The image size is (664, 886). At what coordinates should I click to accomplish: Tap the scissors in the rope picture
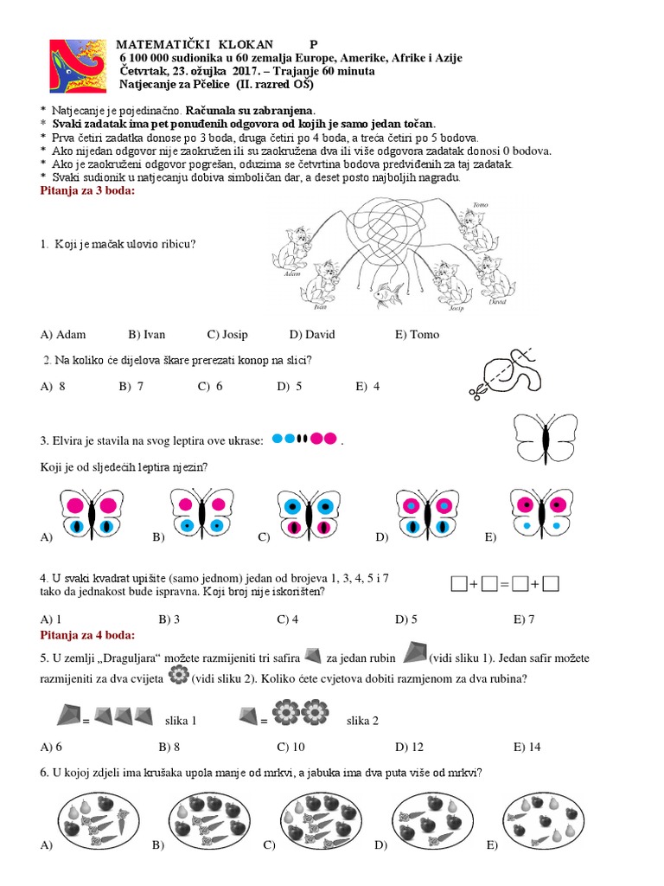(x=476, y=390)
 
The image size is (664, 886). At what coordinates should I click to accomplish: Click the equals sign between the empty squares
(x=505, y=586)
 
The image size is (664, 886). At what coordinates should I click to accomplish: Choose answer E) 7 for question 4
(x=524, y=620)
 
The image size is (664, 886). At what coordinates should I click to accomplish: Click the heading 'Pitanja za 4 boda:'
(x=87, y=635)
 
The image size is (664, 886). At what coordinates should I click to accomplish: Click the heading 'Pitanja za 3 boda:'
(x=87, y=190)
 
